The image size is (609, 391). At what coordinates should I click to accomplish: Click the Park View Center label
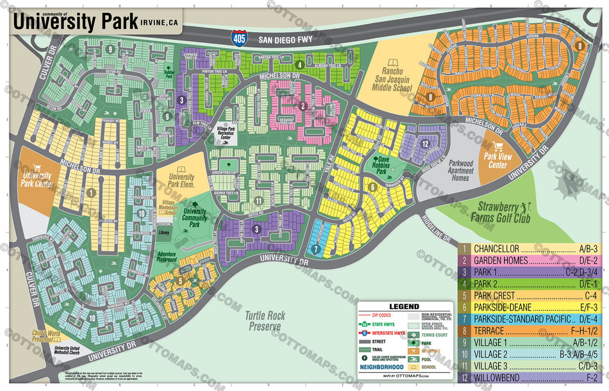click(x=496, y=160)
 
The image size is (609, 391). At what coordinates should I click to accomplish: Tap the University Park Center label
click(x=37, y=179)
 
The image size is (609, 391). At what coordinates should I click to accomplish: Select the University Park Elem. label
click(x=181, y=181)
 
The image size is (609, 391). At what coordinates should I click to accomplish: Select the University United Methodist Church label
click(x=57, y=349)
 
